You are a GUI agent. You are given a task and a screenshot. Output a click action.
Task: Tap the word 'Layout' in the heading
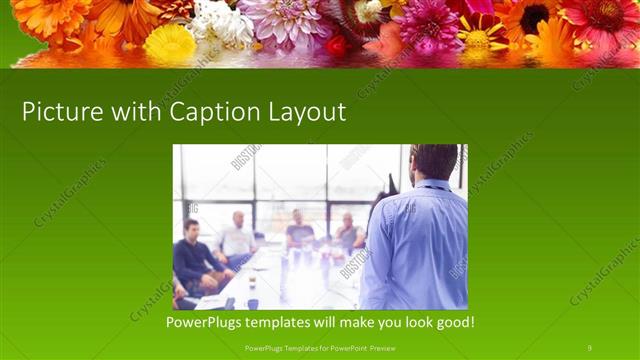tap(304, 112)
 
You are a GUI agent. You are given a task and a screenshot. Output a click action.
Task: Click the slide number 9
tap(590, 348)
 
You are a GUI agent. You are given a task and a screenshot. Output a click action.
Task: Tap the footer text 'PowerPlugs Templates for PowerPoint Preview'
tap(319, 348)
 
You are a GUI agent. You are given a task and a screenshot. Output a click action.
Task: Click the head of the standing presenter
tap(434, 162)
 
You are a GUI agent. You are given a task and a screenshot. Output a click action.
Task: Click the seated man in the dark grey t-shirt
tap(299, 232)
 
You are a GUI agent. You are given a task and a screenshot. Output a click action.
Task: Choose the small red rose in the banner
tap(336, 46)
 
